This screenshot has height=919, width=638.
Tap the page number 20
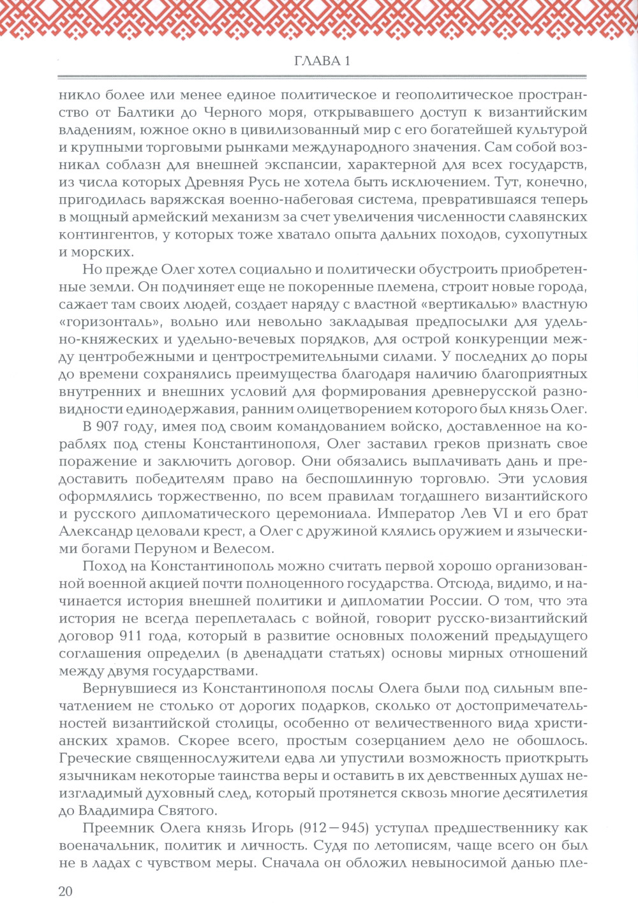(66, 892)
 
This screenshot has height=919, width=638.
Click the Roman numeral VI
(495, 513)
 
